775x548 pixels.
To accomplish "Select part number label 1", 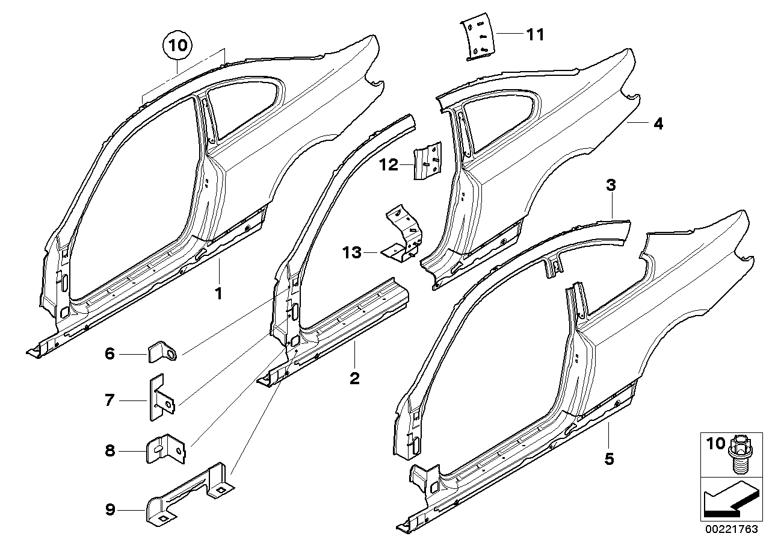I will (x=219, y=294).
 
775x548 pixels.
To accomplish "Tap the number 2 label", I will (x=354, y=378).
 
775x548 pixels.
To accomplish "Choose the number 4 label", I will (x=658, y=123).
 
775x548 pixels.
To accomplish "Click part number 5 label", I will (x=609, y=459).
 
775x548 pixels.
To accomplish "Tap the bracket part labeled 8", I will (x=162, y=448).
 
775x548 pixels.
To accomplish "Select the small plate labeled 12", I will (x=427, y=160).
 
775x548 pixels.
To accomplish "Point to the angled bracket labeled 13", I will (x=404, y=234).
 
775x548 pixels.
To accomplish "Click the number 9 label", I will (x=110, y=510).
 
